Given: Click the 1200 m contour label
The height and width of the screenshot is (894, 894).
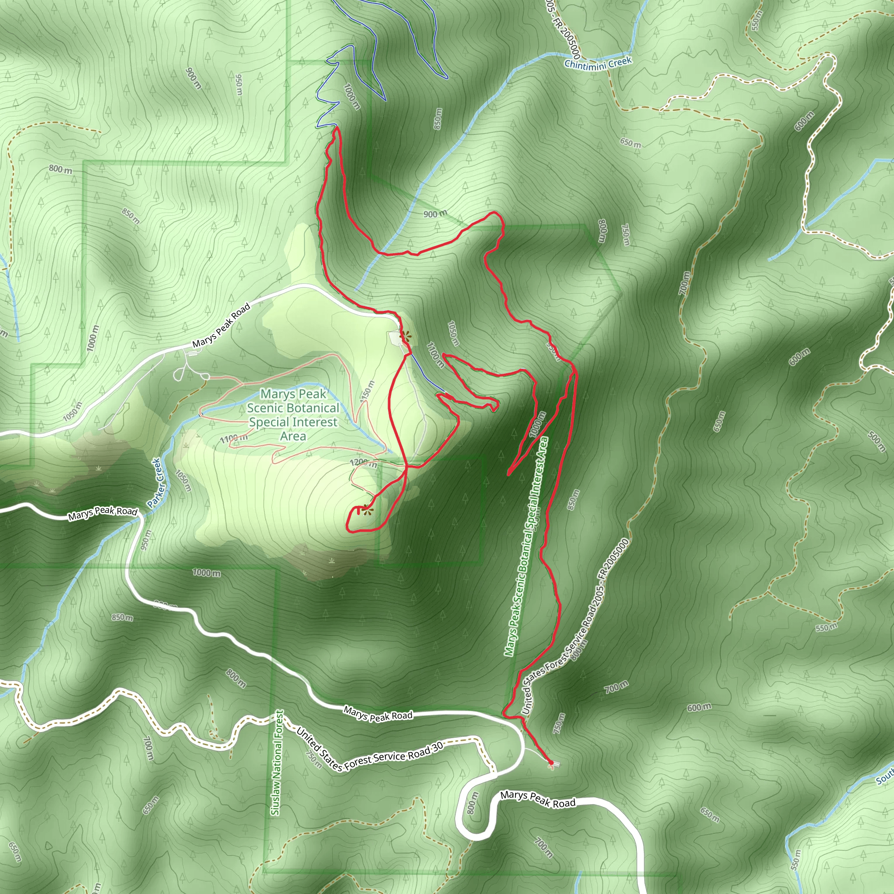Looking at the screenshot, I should pyautogui.click(x=363, y=463).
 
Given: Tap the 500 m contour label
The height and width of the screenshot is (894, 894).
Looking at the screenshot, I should pyautogui.click(x=876, y=441).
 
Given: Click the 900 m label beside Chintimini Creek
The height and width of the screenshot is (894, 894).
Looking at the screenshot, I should pyautogui.click(x=435, y=214).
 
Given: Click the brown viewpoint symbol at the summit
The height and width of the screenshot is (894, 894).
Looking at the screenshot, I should pyautogui.click(x=368, y=509).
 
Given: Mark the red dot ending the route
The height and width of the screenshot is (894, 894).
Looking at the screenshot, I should pyautogui.click(x=550, y=763).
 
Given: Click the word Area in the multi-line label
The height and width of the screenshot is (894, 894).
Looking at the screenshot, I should pyautogui.click(x=292, y=437).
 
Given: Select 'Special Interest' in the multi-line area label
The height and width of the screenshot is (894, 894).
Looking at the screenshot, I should pyautogui.click(x=293, y=422).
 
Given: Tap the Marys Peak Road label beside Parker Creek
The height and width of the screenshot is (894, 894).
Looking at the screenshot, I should pyautogui.click(x=103, y=513).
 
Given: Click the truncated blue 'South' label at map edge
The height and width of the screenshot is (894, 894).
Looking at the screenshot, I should pyautogui.click(x=885, y=778).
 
